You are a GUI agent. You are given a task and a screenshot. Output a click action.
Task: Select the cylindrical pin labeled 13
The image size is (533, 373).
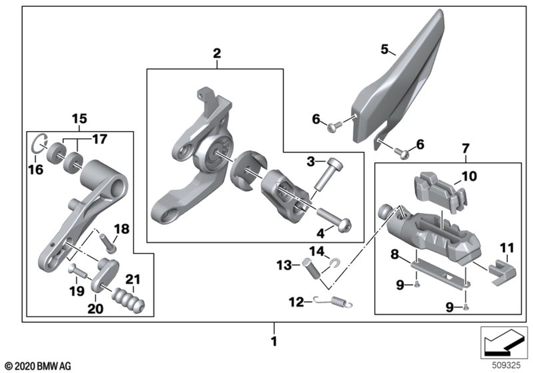coord(314,267)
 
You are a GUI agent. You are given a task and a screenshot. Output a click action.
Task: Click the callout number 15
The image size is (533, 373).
coord(79,118)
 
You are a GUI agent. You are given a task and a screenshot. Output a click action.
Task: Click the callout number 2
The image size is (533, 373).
coord(217,53)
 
